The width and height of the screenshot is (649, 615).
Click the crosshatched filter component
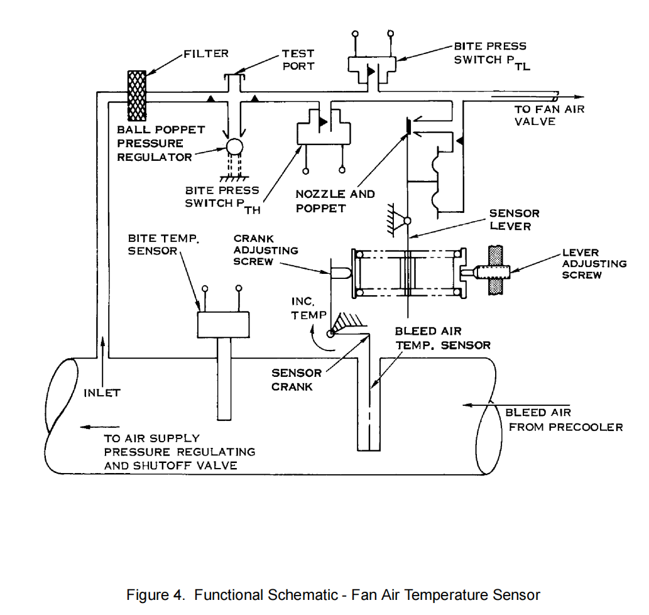tap(137, 95)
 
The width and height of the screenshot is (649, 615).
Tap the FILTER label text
tap(206, 53)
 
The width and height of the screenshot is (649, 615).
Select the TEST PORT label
tap(298, 60)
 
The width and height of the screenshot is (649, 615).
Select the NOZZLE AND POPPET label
tap(335, 201)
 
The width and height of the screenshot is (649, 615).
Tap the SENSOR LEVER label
tap(514, 219)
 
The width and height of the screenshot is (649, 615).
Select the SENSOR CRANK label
tap(296, 379)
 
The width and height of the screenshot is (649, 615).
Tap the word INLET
tap(102, 393)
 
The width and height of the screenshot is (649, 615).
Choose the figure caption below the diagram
tap(333, 594)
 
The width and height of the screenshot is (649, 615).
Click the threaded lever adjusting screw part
tap(493, 273)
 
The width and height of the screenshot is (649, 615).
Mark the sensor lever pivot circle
tap(407, 221)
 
